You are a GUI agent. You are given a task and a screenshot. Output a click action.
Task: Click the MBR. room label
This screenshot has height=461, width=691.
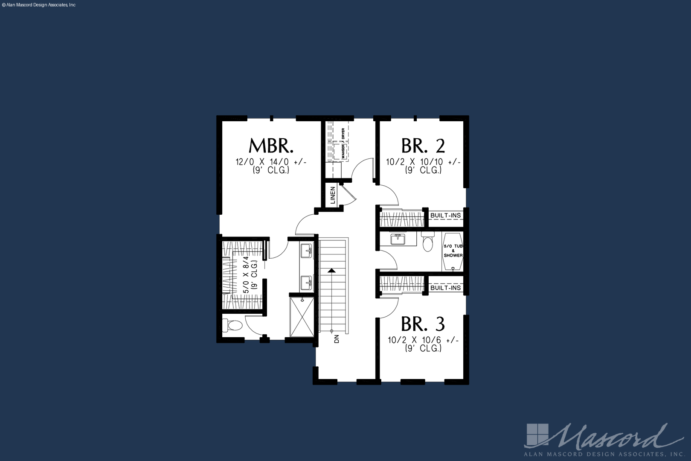271,146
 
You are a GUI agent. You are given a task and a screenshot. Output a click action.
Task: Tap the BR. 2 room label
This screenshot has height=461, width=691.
423,146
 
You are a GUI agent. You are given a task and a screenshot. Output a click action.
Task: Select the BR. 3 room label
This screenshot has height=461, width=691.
423,324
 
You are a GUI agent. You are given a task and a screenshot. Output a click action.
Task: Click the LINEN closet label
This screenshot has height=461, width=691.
333,195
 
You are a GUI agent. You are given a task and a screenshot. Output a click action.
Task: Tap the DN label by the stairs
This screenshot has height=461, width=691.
337,339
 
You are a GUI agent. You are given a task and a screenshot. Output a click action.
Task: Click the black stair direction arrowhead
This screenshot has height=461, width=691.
331,271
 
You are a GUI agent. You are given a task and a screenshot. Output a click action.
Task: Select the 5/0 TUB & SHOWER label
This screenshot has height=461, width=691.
453,251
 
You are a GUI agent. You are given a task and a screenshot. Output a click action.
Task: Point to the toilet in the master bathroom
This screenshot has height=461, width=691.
232,325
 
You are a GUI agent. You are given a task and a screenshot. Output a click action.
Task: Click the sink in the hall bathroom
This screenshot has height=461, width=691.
398,239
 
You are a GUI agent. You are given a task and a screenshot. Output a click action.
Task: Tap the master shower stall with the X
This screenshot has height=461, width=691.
302,317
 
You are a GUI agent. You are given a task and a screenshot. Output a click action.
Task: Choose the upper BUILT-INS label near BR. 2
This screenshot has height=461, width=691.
445,215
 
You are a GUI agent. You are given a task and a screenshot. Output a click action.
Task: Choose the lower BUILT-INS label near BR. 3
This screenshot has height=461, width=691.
445,288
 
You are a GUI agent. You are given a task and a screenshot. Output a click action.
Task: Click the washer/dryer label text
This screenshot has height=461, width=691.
343,143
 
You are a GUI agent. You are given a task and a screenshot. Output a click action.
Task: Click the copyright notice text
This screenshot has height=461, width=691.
38,5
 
